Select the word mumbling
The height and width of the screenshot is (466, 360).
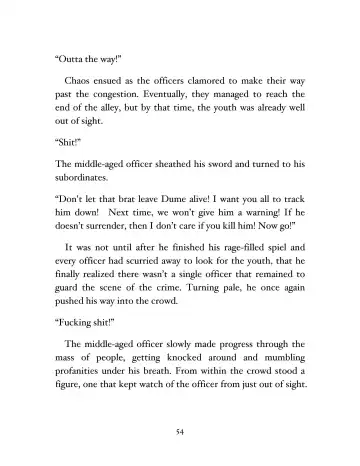(285, 380)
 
